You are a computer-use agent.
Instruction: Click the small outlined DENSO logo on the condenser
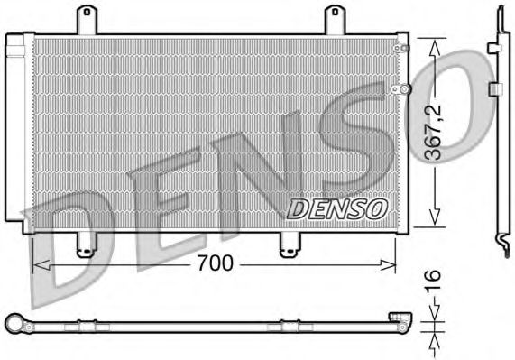336,208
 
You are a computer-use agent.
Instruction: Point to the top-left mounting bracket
87,19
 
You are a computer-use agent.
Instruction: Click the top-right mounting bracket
335,19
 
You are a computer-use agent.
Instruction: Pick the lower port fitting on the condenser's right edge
405,88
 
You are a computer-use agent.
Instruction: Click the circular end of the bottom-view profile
13,321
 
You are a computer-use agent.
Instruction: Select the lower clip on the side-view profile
495,88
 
